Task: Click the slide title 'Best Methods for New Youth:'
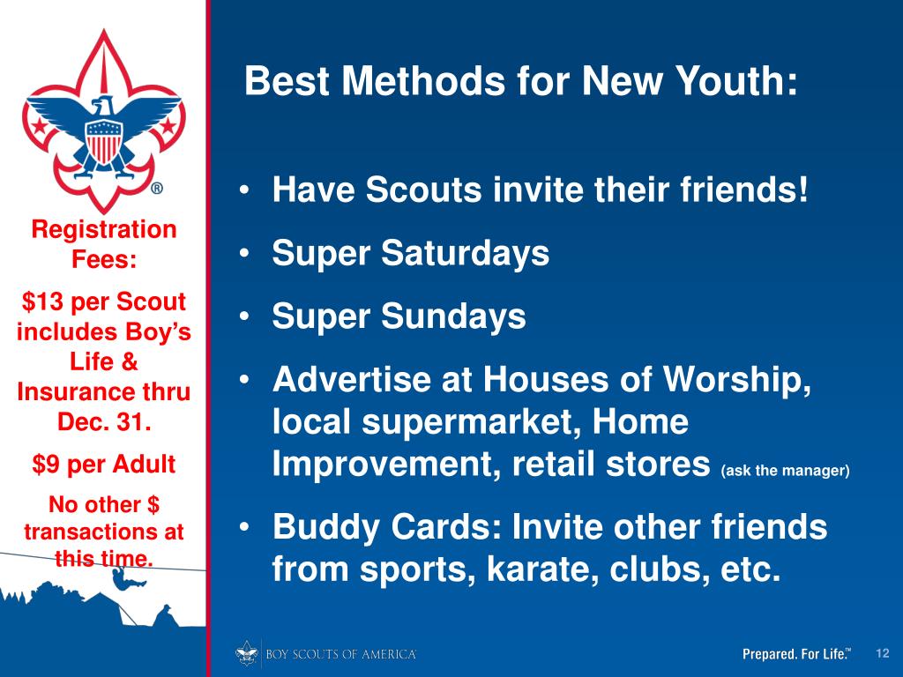pyautogui.click(x=521, y=84)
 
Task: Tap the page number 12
pyautogui.click(x=881, y=652)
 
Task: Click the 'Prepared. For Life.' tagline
pyautogui.click(x=796, y=654)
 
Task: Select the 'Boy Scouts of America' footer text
pyautogui.click(x=340, y=654)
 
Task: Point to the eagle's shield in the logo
pyautogui.click(x=103, y=138)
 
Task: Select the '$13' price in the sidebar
pyautogui.click(x=40, y=302)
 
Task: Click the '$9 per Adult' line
pyautogui.click(x=103, y=464)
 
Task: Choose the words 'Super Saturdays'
pyautogui.click(x=410, y=255)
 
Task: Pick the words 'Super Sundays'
pyautogui.click(x=399, y=316)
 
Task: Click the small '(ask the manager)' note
pyautogui.click(x=785, y=471)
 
